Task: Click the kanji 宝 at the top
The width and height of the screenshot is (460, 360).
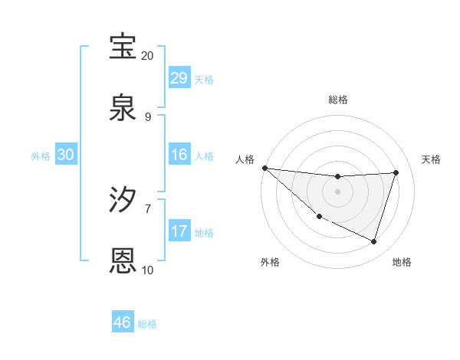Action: coord(123,47)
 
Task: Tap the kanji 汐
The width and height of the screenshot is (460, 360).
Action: coord(123,201)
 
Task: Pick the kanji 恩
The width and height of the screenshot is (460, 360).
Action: coord(123,260)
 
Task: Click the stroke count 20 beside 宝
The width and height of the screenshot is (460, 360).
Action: coord(148,56)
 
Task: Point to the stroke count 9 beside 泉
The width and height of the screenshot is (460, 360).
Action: coord(148,116)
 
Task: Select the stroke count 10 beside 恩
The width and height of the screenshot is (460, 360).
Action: coord(148,270)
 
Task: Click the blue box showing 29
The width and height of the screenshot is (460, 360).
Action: coord(179,78)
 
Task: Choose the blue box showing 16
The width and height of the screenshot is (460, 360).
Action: coord(179,155)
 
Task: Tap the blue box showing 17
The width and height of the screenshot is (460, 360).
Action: coord(179,231)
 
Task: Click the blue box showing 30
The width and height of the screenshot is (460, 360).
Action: coord(65,155)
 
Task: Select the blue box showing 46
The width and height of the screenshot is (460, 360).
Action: coord(122,322)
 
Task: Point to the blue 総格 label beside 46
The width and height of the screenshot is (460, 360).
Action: coord(147,324)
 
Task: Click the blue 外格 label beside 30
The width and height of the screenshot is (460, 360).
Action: coord(41,156)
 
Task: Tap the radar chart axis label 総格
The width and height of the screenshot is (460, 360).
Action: coord(338,100)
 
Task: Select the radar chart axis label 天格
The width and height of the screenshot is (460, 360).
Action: coord(432,159)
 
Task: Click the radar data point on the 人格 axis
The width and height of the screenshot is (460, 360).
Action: coord(264,168)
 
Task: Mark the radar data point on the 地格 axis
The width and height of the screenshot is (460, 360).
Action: coord(374,242)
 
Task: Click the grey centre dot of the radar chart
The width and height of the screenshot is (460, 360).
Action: coord(338,191)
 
